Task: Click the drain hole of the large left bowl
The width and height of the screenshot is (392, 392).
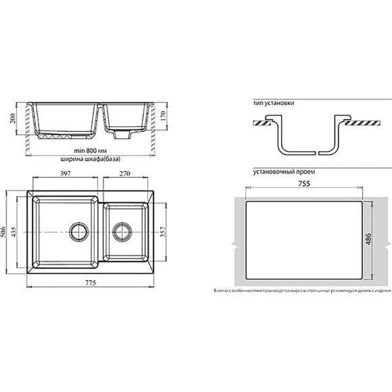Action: pyautogui.click(x=76, y=232)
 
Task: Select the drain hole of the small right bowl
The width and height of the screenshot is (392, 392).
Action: pyautogui.click(x=122, y=232)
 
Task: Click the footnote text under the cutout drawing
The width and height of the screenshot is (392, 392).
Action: pyautogui.click(x=302, y=291)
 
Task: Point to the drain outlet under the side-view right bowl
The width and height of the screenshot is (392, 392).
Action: pyautogui.click(x=121, y=135)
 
